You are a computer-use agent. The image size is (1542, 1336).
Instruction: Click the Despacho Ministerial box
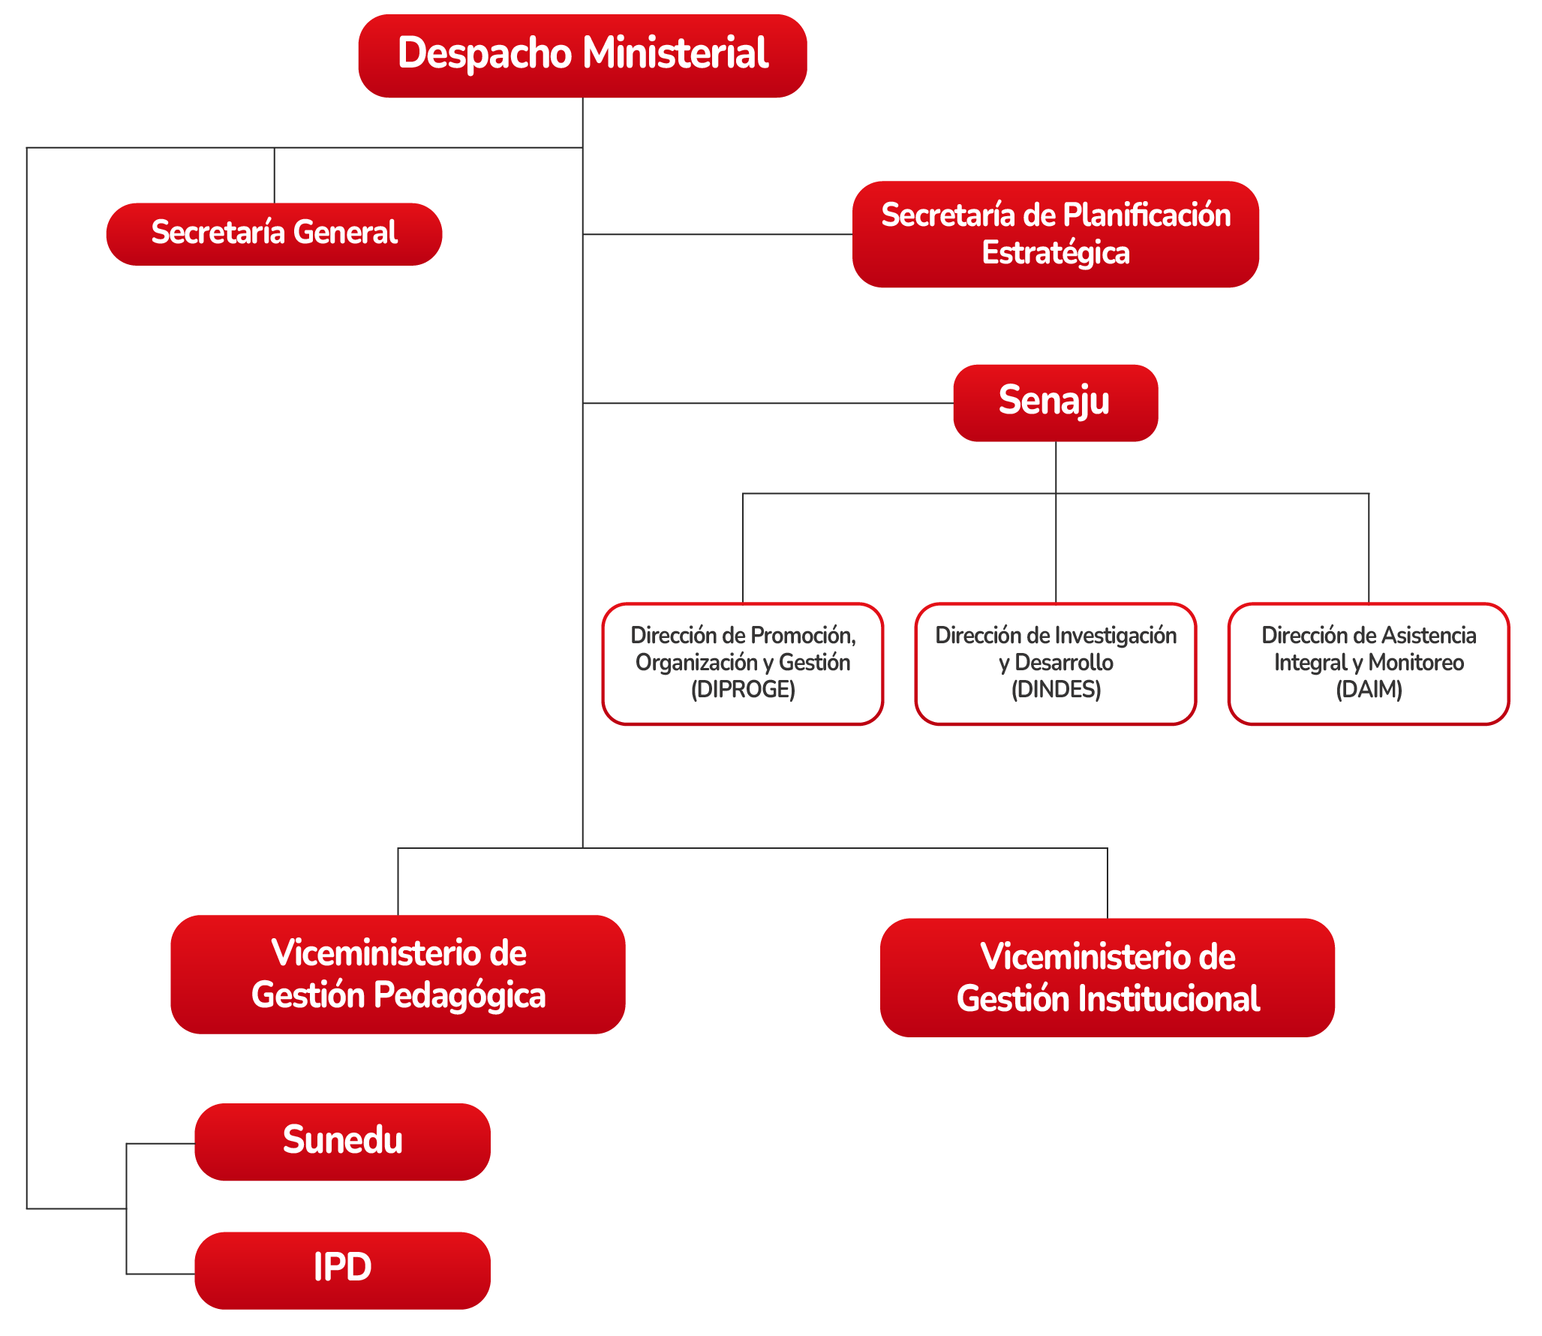click(582, 56)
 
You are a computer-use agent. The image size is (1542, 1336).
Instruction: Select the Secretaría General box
click(274, 233)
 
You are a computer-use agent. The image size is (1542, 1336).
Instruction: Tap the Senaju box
click(1055, 402)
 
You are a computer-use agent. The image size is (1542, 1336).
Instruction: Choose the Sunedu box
click(342, 1141)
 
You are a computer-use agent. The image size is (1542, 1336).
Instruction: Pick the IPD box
click(342, 1270)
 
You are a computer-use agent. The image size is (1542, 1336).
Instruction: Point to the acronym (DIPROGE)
click(743, 689)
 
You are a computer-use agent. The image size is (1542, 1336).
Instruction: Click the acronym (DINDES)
click(1056, 689)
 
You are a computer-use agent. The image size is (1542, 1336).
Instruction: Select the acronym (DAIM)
click(1369, 689)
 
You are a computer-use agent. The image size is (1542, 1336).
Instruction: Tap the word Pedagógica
click(459, 997)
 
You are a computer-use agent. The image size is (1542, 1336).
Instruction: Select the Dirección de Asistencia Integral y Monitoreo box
click(1369, 663)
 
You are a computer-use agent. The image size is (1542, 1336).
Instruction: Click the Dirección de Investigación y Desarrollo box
click(1056, 663)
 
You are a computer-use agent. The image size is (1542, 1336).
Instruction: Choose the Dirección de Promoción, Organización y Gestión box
click(743, 663)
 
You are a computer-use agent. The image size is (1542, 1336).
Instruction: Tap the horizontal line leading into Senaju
click(768, 403)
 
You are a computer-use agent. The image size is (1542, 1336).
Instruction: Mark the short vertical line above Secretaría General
click(275, 176)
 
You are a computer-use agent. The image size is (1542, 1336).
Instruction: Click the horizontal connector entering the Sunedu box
click(161, 1144)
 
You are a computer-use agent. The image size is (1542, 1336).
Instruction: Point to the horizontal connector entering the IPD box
click(161, 1274)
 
